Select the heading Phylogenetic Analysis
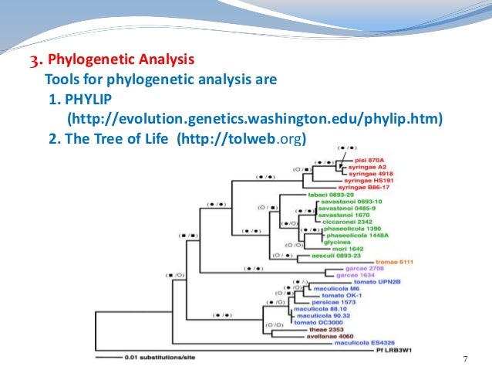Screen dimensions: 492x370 tap(120, 59)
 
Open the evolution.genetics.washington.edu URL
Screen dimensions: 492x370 tap(255, 120)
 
